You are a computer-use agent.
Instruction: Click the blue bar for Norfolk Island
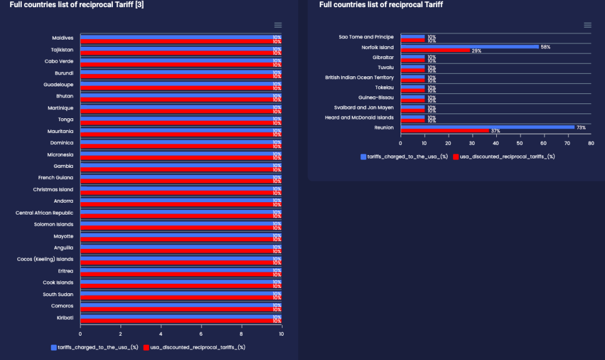click(x=470, y=46)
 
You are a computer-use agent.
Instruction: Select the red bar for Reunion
click(x=445, y=131)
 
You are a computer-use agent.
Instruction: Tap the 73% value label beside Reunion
click(x=581, y=127)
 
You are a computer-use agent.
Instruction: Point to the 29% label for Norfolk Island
click(x=476, y=51)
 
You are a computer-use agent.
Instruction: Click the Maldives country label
click(x=63, y=38)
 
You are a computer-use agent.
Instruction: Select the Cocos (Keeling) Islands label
click(x=45, y=259)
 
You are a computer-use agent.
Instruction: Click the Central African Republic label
click(x=44, y=213)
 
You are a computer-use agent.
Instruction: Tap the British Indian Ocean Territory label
click(x=359, y=77)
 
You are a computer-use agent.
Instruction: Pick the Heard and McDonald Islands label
click(x=360, y=118)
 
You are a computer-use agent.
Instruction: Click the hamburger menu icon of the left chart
click(x=278, y=25)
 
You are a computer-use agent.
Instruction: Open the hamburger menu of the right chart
click(x=587, y=25)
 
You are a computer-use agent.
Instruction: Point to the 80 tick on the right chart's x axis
click(x=591, y=143)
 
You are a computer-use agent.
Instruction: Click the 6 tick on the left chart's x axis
click(x=201, y=333)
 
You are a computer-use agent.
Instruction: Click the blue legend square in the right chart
click(x=363, y=157)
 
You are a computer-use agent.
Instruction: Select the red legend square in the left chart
click(x=146, y=347)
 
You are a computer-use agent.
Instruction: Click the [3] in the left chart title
click(x=140, y=5)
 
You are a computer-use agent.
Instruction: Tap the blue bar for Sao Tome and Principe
click(x=413, y=36)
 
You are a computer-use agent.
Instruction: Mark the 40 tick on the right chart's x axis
click(x=496, y=143)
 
